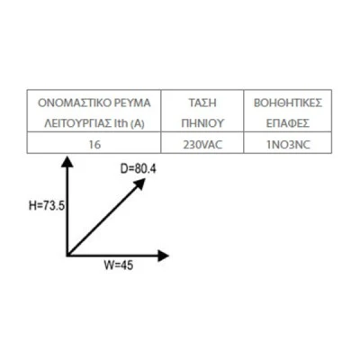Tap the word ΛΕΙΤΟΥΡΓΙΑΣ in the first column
coord(77,123)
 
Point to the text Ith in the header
coord(121,123)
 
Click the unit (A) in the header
coord(138,123)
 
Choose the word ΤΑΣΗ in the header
coord(202,103)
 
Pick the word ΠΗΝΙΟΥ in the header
coord(202,123)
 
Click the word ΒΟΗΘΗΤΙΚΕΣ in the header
coord(288,103)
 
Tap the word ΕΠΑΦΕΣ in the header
coord(288,123)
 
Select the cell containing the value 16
coord(94,145)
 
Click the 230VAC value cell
coord(202,145)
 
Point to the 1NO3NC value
coord(288,145)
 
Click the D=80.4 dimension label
coord(139,169)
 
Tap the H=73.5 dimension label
coord(47,206)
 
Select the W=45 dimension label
coord(119,265)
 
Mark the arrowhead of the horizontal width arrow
coord(164,256)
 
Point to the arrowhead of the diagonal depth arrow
coord(139,184)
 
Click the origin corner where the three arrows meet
coord(67,255)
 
